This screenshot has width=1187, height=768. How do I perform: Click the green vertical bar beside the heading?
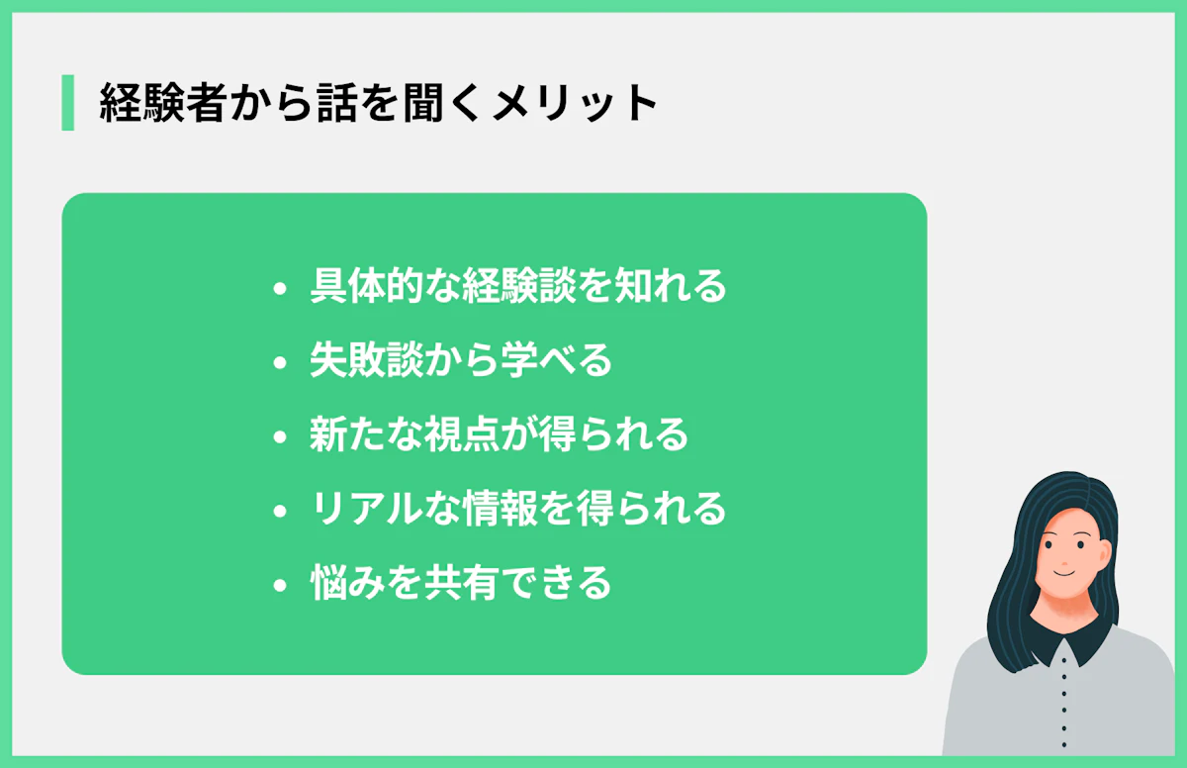(67, 102)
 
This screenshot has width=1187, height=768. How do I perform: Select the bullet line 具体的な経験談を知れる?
(517, 286)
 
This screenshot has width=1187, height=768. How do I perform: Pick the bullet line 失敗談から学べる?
(461, 360)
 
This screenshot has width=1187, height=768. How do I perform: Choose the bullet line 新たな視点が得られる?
(499, 434)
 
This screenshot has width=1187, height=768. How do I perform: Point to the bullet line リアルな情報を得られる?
(517, 509)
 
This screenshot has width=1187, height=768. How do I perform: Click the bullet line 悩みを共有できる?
(461, 583)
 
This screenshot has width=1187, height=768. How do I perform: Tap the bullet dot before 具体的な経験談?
(280, 289)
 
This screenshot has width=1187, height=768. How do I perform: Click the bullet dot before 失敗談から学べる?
(280, 363)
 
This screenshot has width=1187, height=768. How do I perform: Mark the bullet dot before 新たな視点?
(280, 437)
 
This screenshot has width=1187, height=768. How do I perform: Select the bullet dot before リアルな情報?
(280, 512)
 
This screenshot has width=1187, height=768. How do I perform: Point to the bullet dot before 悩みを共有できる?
(280, 586)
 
